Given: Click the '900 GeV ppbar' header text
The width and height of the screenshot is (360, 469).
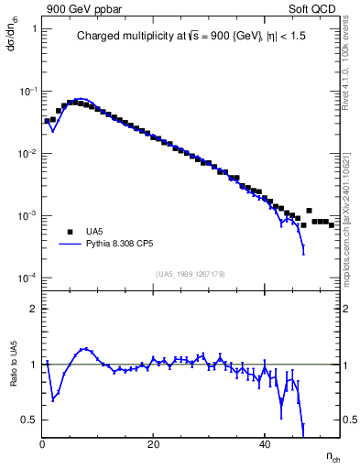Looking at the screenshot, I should click(x=82, y=8).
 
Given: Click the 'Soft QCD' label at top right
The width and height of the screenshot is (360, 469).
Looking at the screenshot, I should click(x=316, y=8).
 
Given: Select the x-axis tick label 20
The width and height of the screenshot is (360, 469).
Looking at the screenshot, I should click(x=153, y=444).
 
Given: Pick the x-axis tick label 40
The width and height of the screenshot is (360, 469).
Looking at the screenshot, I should click(x=264, y=444).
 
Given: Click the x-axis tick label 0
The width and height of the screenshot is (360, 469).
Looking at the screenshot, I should click(x=42, y=444).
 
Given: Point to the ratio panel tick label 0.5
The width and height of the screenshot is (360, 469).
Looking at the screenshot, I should click(x=29, y=420).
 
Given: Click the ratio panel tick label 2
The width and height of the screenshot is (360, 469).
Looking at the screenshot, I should click(x=33, y=309).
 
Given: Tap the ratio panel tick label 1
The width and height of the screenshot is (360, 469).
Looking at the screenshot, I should click(x=33, y=365).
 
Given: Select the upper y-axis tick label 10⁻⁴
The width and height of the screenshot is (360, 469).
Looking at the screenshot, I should click(x=26, y=278).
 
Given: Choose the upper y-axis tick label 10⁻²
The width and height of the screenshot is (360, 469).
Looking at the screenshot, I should click(x=26, y=153).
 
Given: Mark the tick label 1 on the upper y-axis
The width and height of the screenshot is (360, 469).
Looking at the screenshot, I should click(x=33, y=29).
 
